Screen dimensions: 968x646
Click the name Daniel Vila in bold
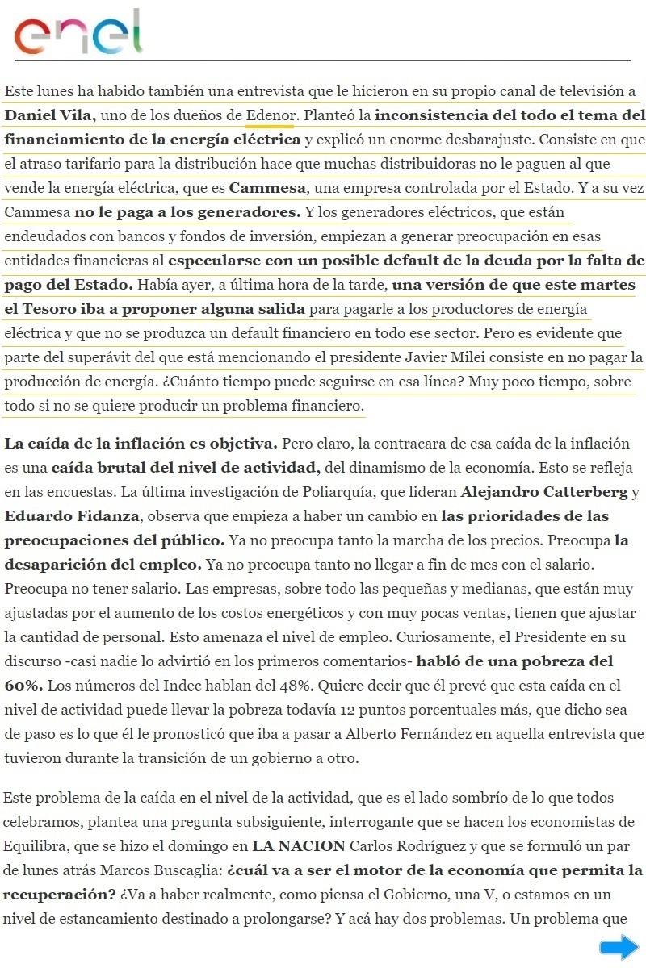(x=49, y=115)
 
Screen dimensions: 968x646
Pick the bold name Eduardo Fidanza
(x=61, y=515)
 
